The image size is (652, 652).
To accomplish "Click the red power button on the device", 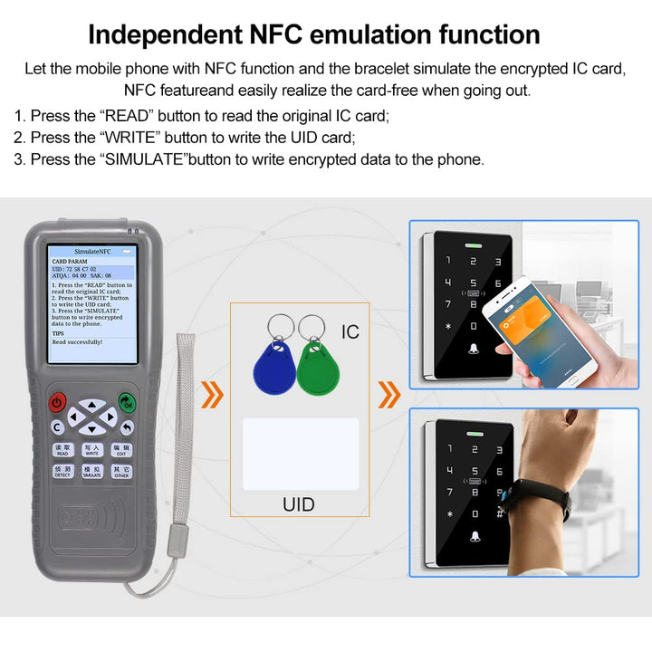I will click(x=58, y=401).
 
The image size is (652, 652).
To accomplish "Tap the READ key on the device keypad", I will click(x=62, y=449).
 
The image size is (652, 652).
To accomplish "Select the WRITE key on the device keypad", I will click(x=91, y=449).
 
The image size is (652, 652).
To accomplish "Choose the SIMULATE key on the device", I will click(x=91, y=472).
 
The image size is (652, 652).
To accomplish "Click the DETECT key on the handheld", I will click(x=62, y=472).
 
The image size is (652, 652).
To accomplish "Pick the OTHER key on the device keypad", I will click(x=121, y=472).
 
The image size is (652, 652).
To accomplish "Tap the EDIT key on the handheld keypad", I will click(x=121, y=449).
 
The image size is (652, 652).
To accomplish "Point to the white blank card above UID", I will click(x=300, y=454).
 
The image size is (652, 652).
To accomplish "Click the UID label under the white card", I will click(x=299, y=503).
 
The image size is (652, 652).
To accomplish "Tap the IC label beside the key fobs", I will click(x=350, y=332).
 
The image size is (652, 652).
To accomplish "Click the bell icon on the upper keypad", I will click(x=474, y=350).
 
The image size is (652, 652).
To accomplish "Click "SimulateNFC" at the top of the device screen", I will click(x=92, y=250).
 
